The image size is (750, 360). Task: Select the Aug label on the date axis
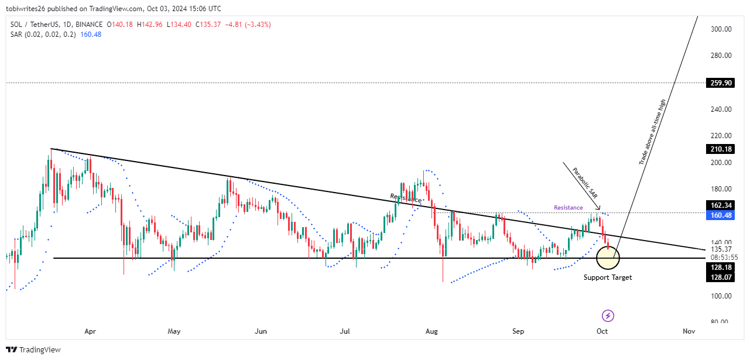tap(431, 331)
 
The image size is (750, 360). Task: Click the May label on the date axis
tap(174, 331)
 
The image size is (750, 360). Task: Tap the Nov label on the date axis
tap(689, 331)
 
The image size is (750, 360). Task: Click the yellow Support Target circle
tap(608, 258)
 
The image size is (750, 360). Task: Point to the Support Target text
tap(608, 277)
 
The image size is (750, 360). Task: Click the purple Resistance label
tap(568, 208)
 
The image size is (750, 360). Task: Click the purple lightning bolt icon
tap(608, 316)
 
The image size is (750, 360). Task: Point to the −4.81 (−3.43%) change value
tap(249, 25)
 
